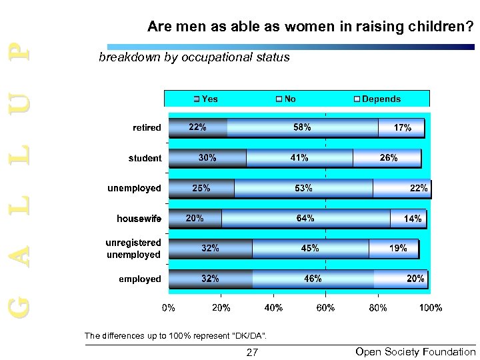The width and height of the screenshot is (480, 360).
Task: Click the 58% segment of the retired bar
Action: pos(303,127)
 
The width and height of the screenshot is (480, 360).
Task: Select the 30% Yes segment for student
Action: pos(207,158)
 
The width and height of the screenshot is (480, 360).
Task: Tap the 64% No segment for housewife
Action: pos(305,218)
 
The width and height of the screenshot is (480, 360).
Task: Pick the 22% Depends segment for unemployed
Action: pos(401,188)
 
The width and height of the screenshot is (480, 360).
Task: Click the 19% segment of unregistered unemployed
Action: pos(393,248)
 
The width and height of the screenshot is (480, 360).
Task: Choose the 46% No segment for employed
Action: pos(313,279)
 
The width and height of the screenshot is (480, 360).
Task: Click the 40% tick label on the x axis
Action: pos(273,308)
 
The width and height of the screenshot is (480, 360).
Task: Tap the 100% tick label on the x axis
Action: pos(431,308)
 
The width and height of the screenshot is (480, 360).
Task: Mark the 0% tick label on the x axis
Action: pos(169,308)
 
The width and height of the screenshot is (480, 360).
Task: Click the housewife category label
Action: pos(139,218)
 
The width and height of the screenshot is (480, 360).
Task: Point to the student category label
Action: pos(145,158)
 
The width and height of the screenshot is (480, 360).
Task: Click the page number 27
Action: pos(252,353)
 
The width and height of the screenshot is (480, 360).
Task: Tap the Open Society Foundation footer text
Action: pos(415,352)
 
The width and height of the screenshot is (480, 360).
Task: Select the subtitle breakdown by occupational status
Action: pos(194,57)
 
